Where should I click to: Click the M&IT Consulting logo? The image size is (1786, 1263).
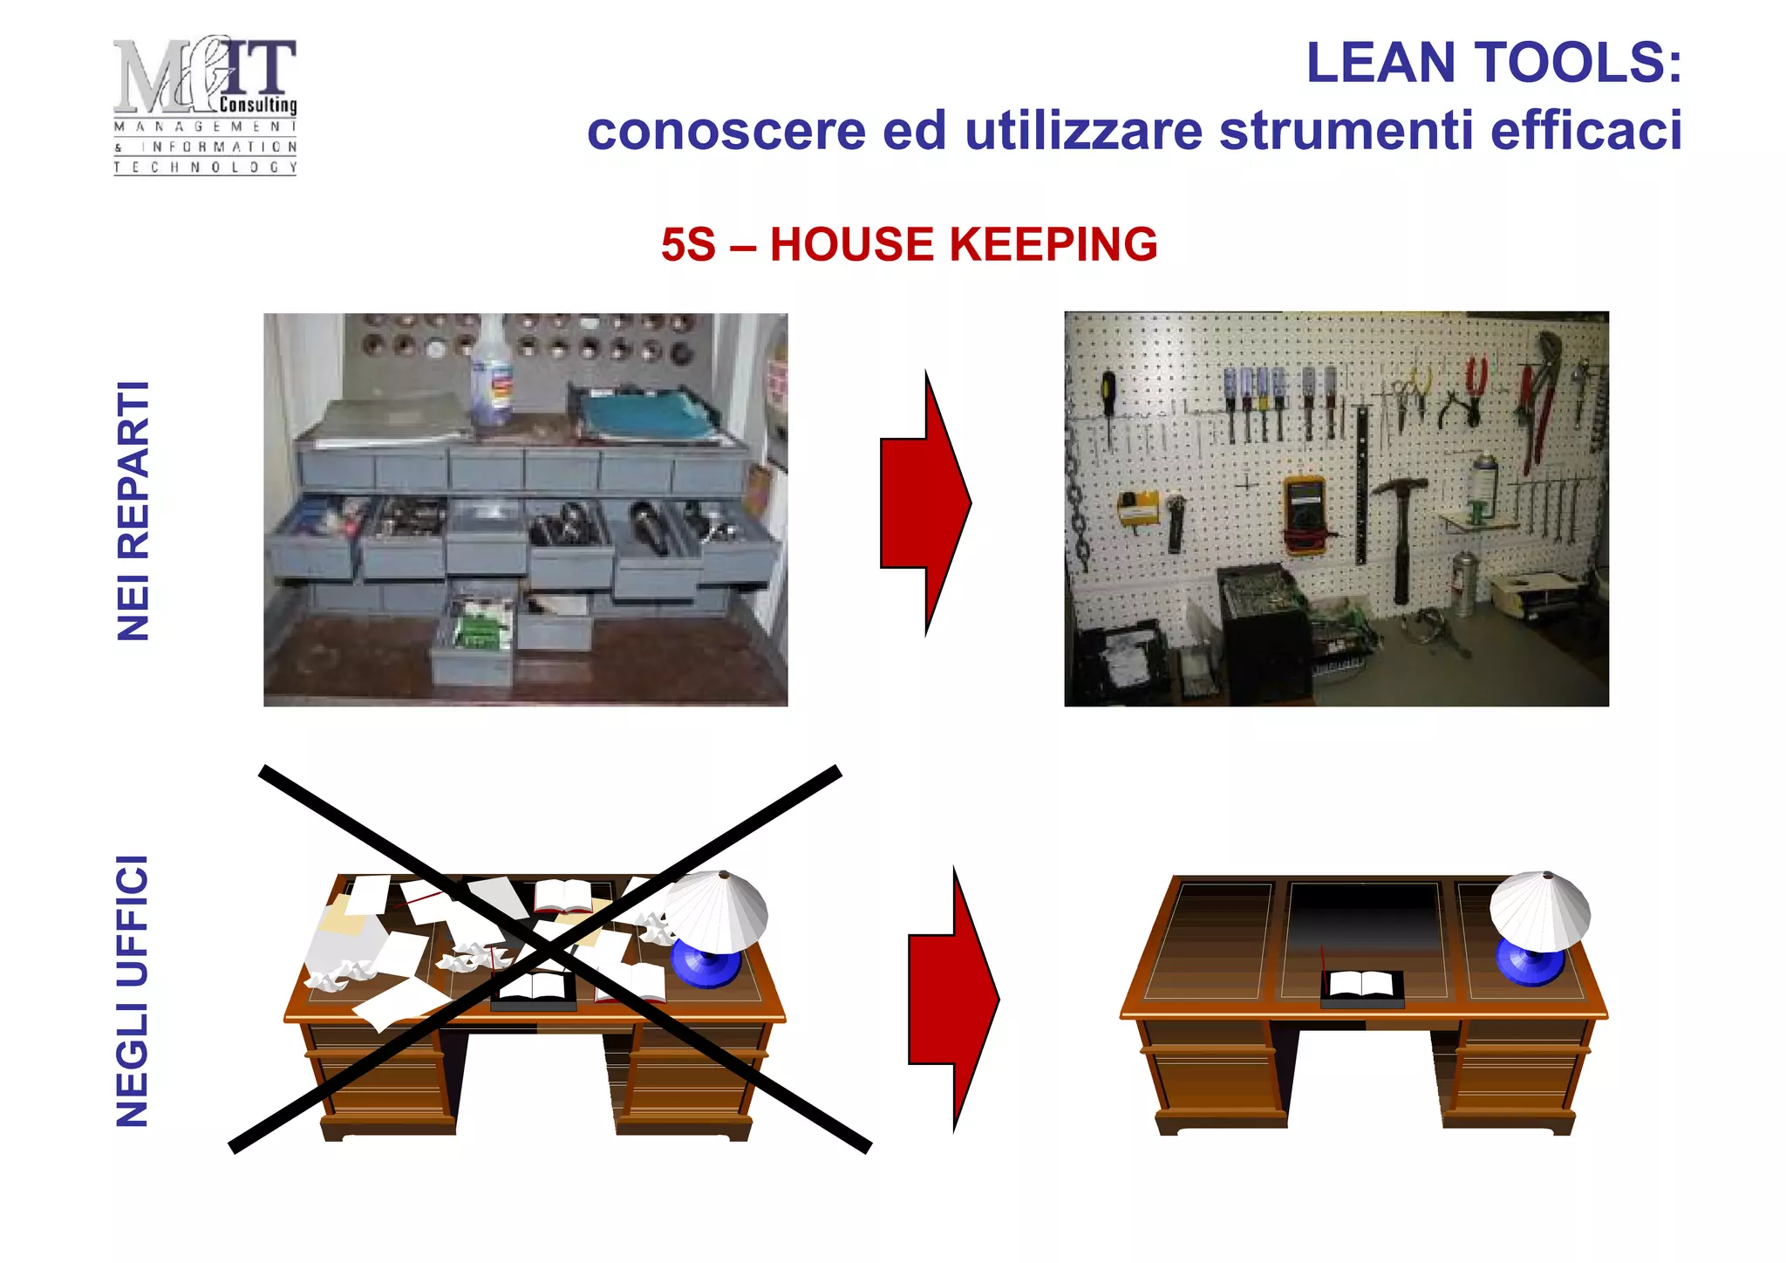click(x=205, y=105)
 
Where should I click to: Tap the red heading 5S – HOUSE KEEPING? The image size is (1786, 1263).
click(x=909, y=244)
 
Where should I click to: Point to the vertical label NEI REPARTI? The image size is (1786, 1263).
click(x=133, y=511)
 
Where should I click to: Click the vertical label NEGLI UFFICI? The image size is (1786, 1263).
click(x=133, y=991)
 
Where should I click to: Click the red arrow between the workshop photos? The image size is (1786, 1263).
click(x=924, y=503)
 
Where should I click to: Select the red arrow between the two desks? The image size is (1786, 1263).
click(x=952, y=1000)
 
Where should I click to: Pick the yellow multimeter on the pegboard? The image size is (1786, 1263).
click(x=1304, y=513)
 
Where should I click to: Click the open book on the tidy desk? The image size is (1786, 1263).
click(x=1360, y=984)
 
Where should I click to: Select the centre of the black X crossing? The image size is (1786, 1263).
click(x=548, y=955)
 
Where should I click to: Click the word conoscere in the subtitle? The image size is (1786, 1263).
click(x=726, y=131)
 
